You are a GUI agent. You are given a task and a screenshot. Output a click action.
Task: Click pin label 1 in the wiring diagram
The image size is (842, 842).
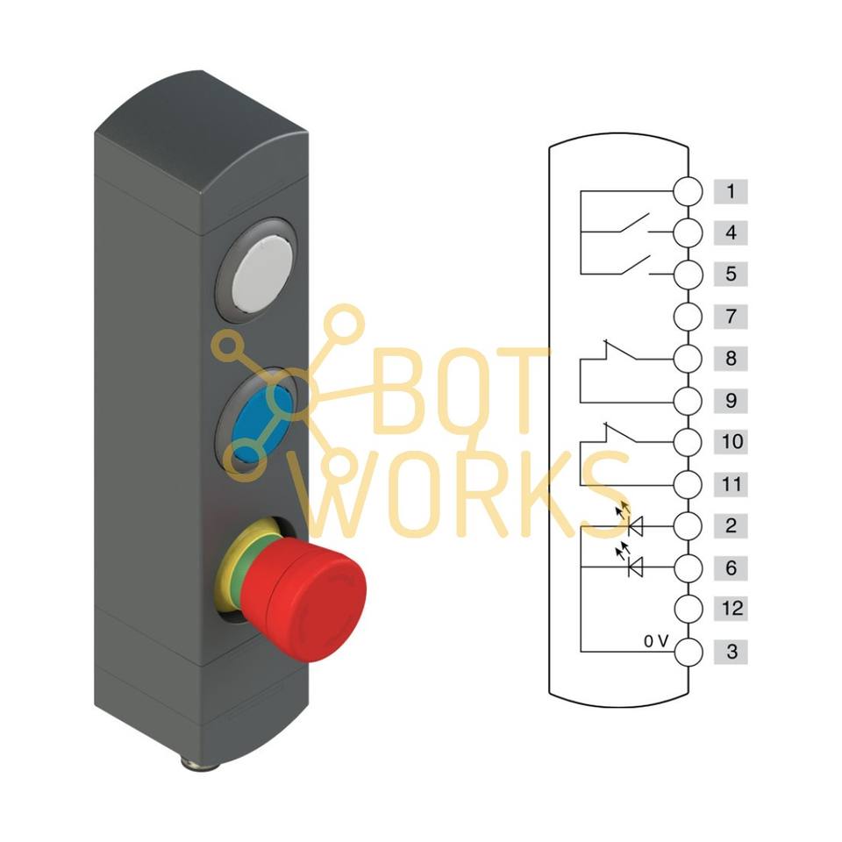click(730, 191)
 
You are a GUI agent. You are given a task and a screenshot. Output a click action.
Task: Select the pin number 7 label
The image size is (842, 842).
click(730, 316)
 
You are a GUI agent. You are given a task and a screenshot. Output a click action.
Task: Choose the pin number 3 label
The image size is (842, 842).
click(730, 652)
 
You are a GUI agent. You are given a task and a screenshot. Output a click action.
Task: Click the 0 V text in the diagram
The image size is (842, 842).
click(656, 641)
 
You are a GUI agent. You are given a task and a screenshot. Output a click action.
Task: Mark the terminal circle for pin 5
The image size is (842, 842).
click(689, 275)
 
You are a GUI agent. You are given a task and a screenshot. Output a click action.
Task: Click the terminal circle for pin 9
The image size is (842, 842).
click(689, 401)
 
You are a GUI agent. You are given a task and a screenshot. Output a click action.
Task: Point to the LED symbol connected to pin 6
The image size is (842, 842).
click(633, 567)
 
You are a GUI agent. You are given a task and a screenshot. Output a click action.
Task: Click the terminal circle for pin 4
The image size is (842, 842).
click(689, 233)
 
